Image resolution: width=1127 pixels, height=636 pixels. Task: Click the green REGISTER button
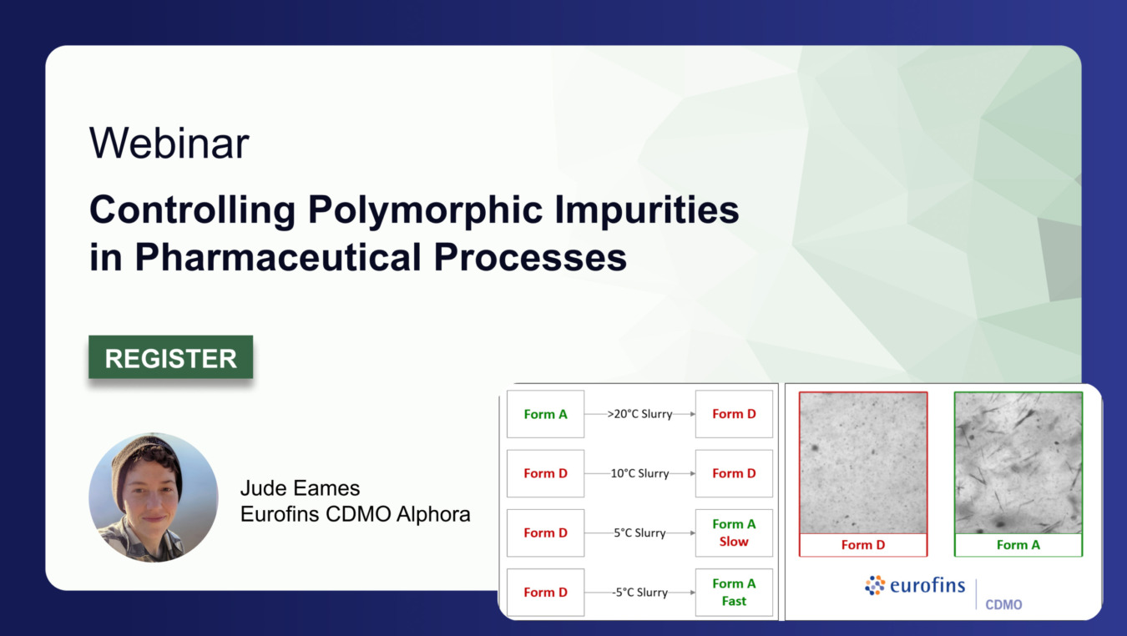170,357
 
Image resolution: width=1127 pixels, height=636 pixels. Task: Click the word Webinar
169,144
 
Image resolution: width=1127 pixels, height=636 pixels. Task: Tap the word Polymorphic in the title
426,211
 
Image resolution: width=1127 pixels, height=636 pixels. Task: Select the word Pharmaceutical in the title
278,257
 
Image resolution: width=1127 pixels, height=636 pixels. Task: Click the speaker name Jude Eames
300,488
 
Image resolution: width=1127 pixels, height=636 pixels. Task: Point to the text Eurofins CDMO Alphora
355,514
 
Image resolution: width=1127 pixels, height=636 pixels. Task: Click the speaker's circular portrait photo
154,497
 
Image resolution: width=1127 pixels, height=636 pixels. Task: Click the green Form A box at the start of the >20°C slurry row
545,414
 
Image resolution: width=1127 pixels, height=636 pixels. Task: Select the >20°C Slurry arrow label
639,414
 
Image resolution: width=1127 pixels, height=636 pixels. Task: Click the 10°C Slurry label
639,473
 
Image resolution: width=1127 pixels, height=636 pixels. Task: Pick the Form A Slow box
734,533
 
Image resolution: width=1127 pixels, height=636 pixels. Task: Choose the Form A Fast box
734,593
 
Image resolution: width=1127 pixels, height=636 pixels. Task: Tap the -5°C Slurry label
639,593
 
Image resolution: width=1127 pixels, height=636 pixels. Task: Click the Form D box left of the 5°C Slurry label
545,533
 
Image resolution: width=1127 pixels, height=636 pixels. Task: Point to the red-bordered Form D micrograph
863,463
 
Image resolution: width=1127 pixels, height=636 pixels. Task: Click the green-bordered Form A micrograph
1018,463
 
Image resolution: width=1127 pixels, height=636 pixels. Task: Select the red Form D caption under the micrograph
863,545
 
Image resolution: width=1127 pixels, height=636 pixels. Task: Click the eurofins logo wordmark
927,585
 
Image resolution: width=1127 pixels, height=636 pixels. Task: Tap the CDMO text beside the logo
1003,604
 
